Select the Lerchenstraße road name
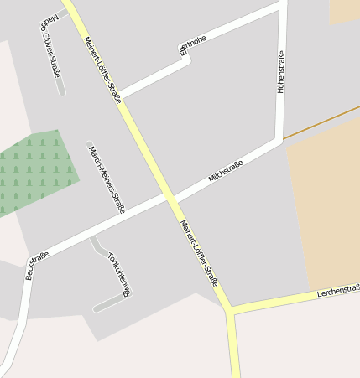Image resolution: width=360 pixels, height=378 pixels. coord(338,292)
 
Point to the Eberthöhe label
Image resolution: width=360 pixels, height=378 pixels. coord(191,45)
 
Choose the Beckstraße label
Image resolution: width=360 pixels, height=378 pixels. coord(37,265)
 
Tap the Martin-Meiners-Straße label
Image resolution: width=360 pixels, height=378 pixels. coord(106,177)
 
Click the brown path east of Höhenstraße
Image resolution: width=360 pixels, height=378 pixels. coord(323,122)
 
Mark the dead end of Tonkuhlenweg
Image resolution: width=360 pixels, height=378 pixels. coord(96,309)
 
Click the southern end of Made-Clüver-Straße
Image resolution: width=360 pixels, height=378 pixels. coord(62,91)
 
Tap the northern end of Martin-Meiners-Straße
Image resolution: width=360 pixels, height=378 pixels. coord(88,143)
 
